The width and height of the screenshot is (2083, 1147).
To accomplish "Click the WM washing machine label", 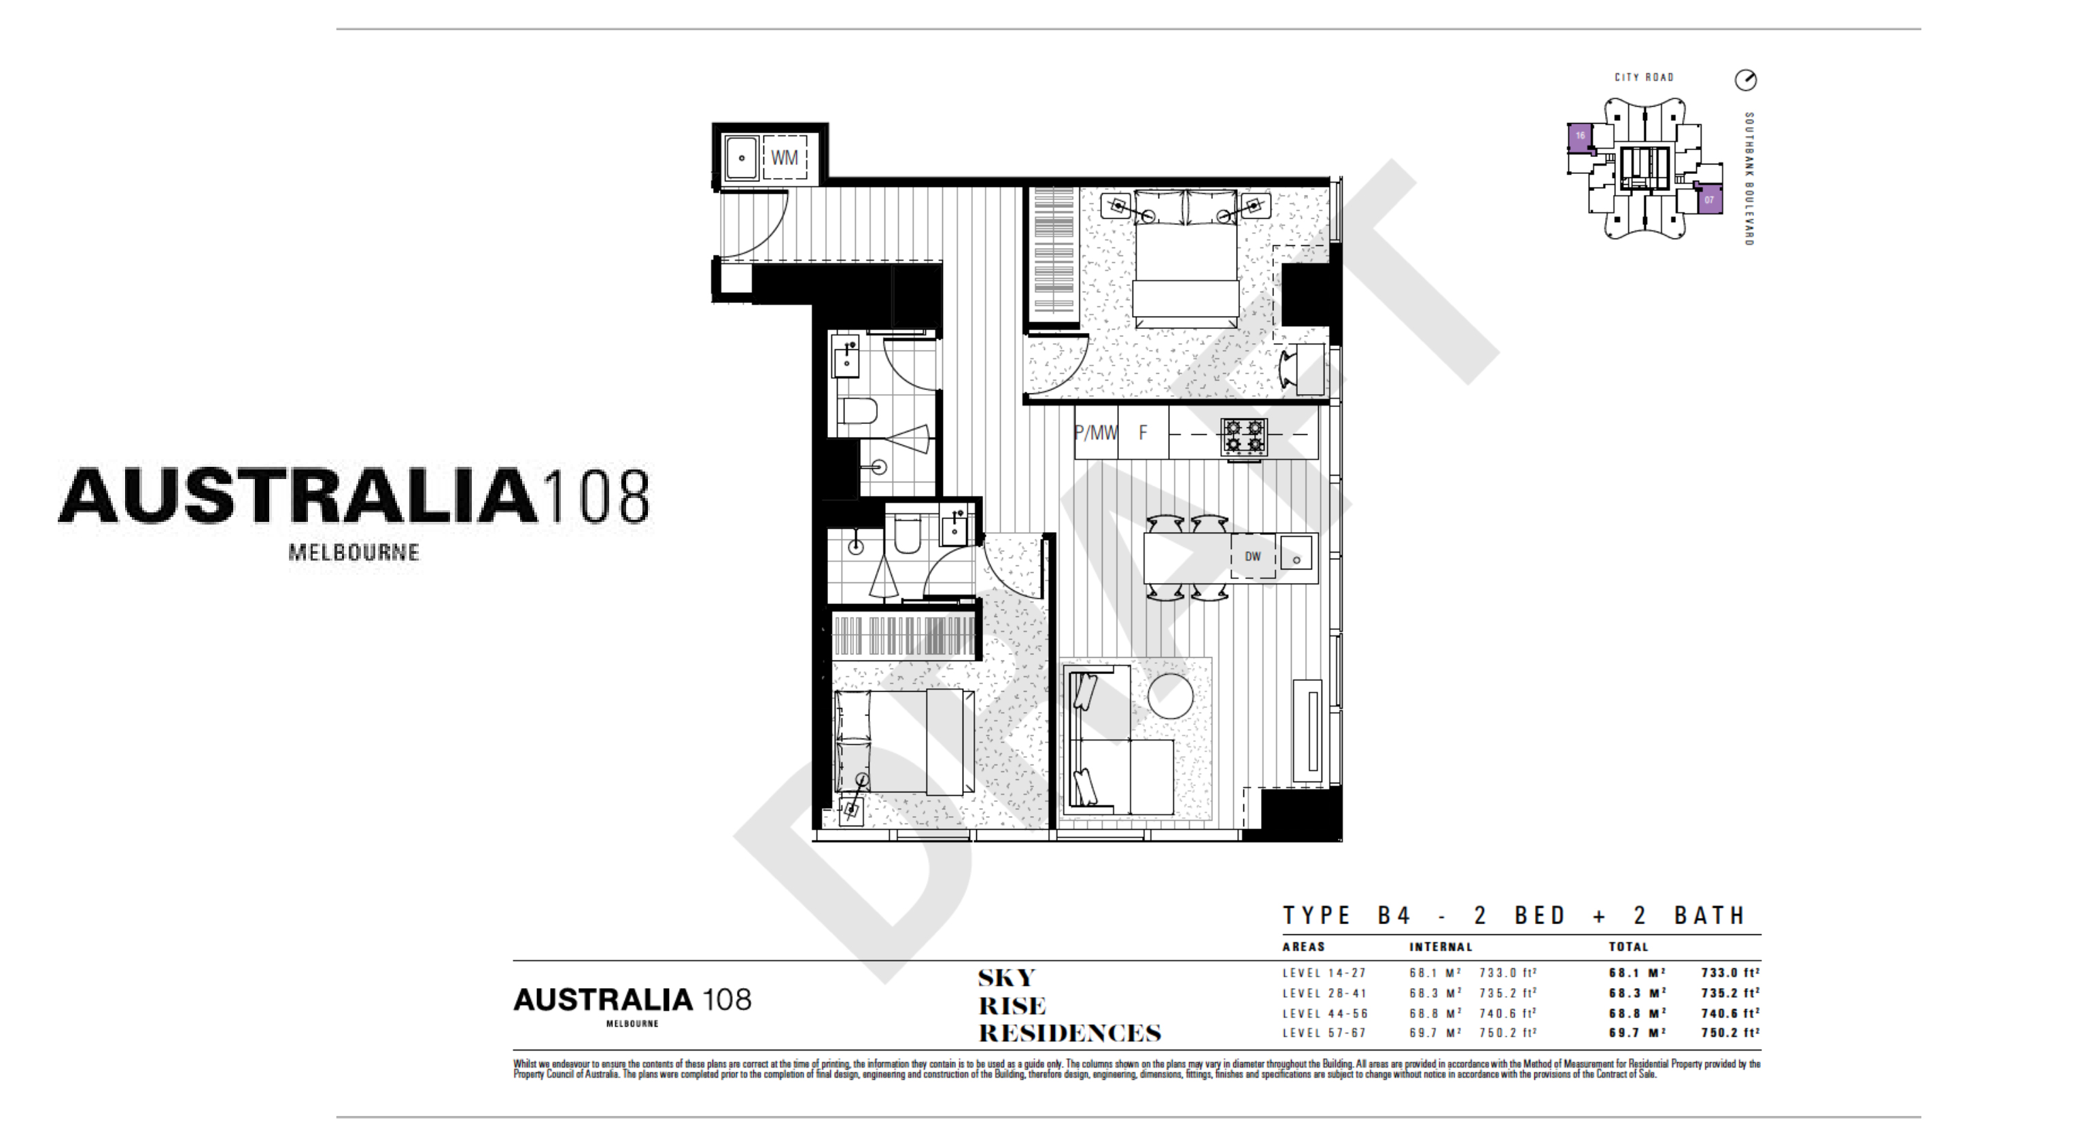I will (x=784, y=158).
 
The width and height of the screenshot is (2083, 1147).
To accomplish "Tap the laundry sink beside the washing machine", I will (x=741, y=158).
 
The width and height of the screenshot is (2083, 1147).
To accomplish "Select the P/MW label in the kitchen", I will (x=1096, y=434).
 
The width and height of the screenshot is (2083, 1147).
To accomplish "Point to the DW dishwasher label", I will (x=1252, y=556).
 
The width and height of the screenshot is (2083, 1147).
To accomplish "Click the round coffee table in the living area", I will (x=1170, y=696).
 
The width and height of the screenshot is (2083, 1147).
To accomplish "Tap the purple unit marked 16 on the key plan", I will (x=1579, y=137).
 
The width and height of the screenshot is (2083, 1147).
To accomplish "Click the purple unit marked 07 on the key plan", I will (x=1708, y=200).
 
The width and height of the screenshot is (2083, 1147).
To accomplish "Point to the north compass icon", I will (x=1746, y=80).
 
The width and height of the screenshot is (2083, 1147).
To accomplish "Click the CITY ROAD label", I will (x=1644, y=77).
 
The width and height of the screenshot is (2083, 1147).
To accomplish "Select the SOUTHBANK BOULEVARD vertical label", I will (x=1749, y=179).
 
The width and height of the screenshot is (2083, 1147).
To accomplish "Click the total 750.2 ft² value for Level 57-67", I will (x=1729, y=1033).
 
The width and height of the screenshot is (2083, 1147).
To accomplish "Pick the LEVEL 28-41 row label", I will (x=1324, y=993).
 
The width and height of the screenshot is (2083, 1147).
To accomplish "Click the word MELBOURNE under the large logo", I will (x=354, y=553).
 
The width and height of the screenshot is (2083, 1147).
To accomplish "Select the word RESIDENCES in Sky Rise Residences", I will (x=1069, y=1033).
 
